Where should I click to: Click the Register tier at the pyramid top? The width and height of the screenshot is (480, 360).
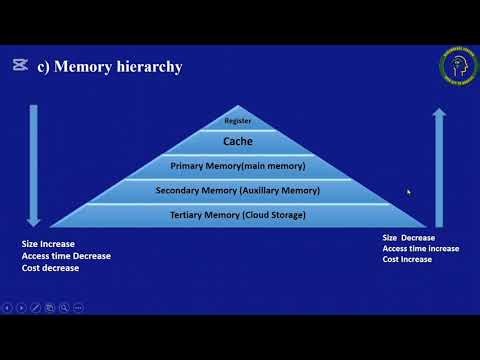click(237, 121)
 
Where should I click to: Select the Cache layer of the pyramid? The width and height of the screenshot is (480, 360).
click(237, 142)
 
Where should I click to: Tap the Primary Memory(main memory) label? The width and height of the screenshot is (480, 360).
click(237, 165)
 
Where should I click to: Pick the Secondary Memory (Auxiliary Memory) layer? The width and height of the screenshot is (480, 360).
click(237, 189)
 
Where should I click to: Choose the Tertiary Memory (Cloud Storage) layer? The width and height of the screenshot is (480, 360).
click(237, 214)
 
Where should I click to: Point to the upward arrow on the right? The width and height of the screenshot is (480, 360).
click(438, 165)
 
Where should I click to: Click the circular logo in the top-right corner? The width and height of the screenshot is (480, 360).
click(458, 67)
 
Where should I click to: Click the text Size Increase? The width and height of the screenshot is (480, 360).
click(48, 244)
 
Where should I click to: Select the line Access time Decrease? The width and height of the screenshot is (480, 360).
click(66, 256)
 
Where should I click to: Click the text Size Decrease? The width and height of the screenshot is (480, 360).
click(409, 237)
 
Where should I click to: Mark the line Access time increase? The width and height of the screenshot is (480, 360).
click(421, 248)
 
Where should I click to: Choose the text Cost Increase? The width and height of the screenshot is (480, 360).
click(407, 259)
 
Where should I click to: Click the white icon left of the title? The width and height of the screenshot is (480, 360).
click(19, 66)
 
